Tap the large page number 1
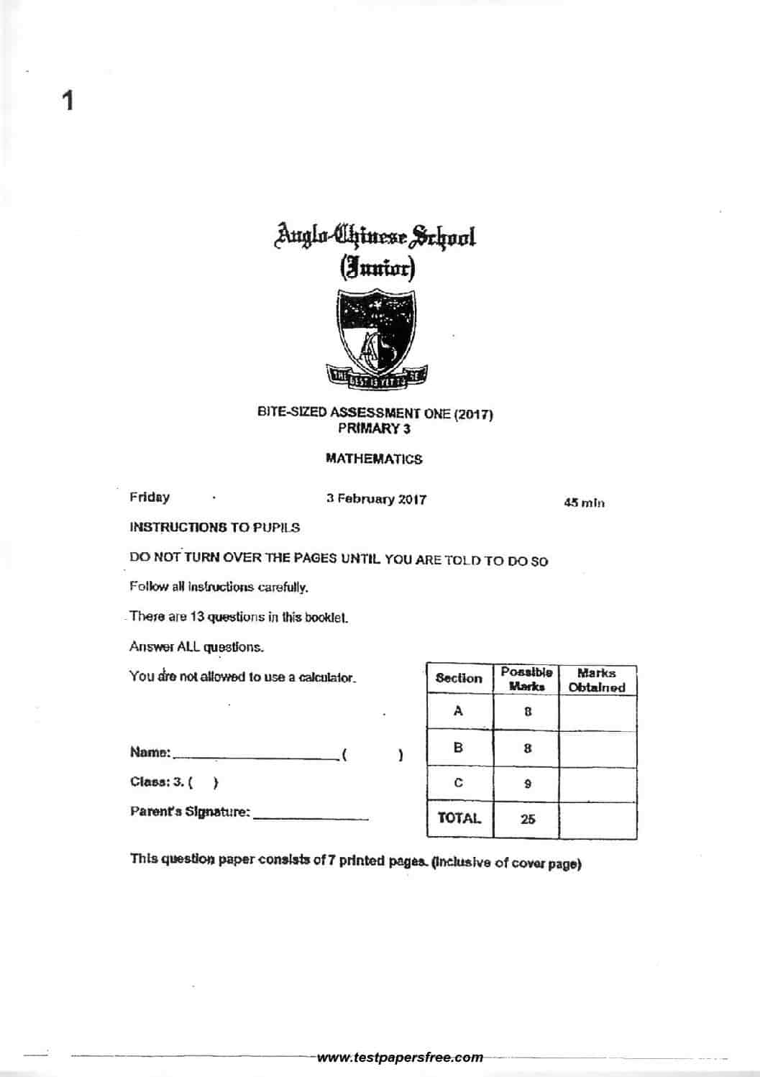tap(68, 101)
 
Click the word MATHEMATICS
tap(374, 459)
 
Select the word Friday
tap(150, 497)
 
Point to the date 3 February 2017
tap(376, 499)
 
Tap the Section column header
tap(459, 678)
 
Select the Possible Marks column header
tap(527, 679)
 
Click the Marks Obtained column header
tap(597, 679)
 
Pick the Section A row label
tap(459, 711)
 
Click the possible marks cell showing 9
tap(527, 784)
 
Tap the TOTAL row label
tap(459, 818)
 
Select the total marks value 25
tap(527, 819)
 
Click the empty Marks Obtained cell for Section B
tap(598, 748)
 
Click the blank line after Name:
tap(255, 755)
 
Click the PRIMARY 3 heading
tap(374, 428)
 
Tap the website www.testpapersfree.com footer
tap(400, 1057)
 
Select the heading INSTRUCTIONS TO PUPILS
tap(214, 527)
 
